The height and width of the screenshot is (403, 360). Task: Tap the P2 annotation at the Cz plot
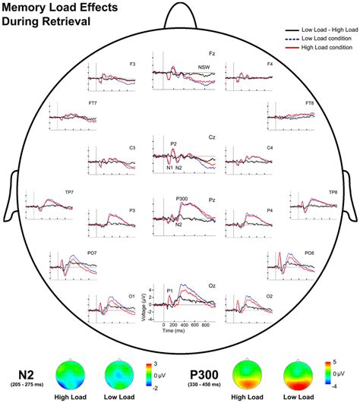pos(173,143)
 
